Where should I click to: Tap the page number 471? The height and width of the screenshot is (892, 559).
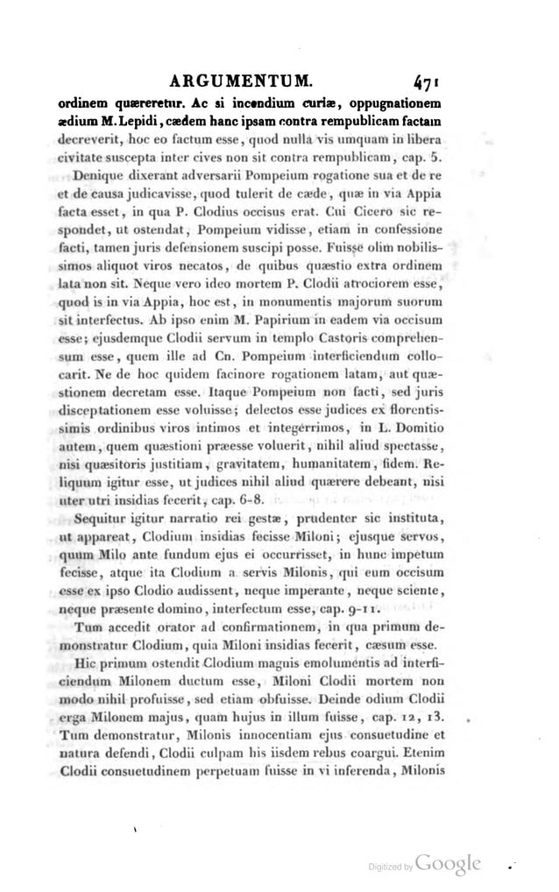(434, 83)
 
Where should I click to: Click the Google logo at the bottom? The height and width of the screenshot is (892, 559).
(449, 863)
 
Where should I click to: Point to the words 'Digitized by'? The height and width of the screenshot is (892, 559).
(390, 867)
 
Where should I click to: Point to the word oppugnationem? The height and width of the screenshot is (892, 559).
(397, 107)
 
